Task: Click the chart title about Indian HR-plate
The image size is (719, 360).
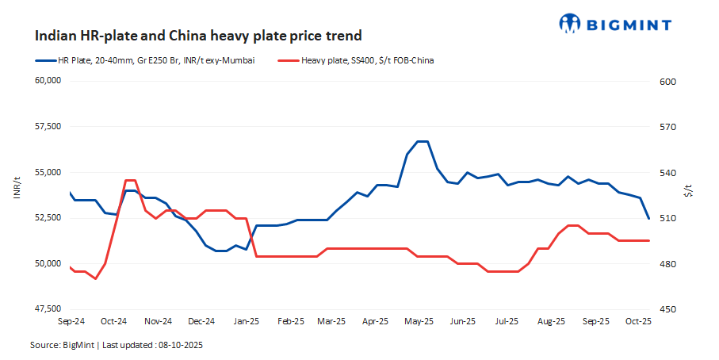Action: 198,36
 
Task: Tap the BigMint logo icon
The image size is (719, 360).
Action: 570,24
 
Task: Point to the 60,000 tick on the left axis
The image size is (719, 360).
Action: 48,81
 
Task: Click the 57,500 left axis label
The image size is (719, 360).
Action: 48,127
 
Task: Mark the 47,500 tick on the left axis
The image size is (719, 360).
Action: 48,309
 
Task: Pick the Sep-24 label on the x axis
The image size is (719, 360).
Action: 71,321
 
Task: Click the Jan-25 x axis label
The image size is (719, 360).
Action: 247,321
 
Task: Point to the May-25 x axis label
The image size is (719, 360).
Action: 419,321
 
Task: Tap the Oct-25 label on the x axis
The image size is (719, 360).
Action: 637,321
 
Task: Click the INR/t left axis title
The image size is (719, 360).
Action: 17,191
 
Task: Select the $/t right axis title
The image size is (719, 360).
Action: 688,191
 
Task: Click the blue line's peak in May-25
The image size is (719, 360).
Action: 423,141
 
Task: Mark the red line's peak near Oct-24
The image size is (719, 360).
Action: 131,181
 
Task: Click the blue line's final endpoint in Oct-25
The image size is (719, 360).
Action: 649,218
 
